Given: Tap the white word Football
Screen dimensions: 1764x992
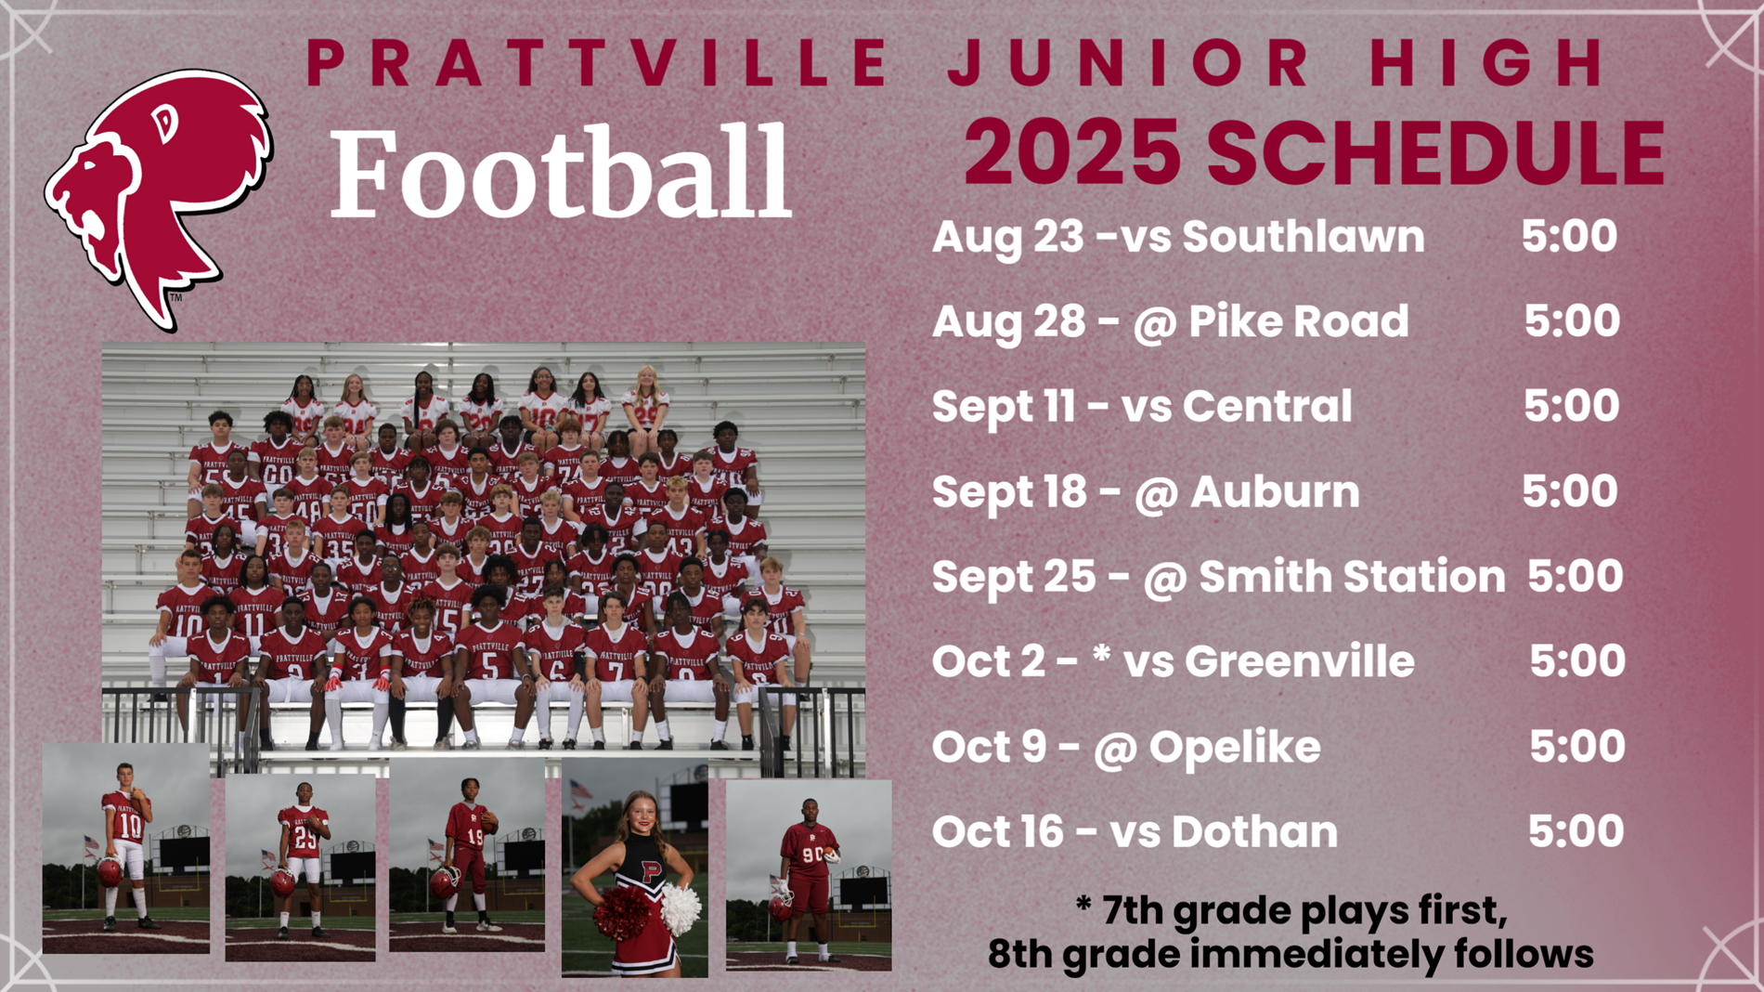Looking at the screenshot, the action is coord(561,173).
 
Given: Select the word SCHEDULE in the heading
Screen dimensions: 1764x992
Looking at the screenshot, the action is coord(1435,152).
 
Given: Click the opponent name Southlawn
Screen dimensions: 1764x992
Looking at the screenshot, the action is coord(1304,237).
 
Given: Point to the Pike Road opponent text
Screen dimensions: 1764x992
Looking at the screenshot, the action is coord(1299,321).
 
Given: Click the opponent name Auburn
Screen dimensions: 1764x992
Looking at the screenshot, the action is coord(1275,491).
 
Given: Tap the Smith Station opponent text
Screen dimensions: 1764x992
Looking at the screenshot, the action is coord(1352,577).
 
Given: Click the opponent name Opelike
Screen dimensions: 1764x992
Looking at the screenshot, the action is coord(1235,748).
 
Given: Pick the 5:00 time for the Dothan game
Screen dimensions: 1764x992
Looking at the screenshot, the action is coord(1576,831).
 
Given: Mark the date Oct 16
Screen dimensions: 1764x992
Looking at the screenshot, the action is coord(997,831).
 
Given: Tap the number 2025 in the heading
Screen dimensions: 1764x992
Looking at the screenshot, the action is coord(1072,152).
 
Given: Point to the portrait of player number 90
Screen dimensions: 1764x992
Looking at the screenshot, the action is coord(809,876).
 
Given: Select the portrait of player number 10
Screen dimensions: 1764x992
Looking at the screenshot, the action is coord(126,848).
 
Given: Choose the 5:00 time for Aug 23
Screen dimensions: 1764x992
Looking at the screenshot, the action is coord(1569,237).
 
